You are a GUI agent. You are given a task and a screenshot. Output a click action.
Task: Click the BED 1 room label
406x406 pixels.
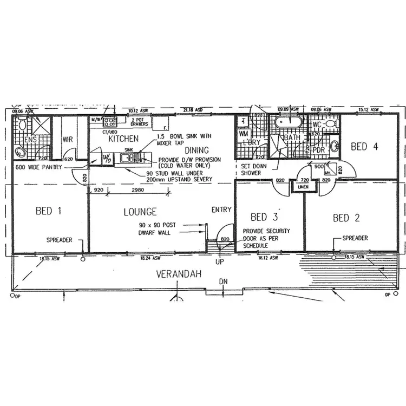coord(48,211)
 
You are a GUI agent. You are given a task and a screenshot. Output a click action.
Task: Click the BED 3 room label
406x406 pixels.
coord(264,217)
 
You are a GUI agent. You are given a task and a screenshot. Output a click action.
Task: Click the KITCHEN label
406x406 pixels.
coord(123,139)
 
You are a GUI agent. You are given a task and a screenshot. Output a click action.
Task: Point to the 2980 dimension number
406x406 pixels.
coord(139,191)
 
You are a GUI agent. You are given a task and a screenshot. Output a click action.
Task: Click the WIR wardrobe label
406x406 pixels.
coord(68,140)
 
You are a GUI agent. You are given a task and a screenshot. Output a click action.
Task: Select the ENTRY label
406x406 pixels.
coord(221,209)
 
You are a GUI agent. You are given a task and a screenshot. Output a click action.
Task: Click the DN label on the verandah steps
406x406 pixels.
coord(222,283)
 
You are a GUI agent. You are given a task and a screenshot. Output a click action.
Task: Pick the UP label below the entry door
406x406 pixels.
coord(220,261)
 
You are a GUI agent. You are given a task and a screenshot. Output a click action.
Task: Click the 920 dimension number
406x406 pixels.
coord(98,191)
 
